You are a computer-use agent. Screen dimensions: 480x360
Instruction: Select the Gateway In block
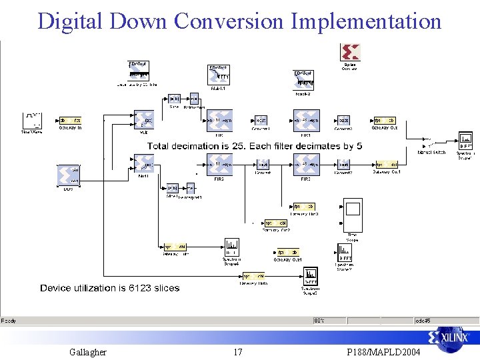(x=70, y=120)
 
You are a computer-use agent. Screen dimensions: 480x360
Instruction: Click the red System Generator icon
(x=349, y=53)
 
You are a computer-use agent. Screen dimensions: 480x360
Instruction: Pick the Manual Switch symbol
(x=431, y=144)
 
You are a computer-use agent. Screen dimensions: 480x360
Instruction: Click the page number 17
(x=238, y=352)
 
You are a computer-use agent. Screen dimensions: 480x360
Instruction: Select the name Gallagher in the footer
(x=87, y=352)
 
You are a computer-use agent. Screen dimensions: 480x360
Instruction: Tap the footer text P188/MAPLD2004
(x=384, y=352)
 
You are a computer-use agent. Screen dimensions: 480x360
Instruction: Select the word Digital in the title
(x=69, y=21)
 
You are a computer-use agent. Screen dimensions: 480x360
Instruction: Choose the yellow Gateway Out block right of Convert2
(x=384, y=121)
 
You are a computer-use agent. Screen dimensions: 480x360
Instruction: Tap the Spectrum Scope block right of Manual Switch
(x=465, y=145)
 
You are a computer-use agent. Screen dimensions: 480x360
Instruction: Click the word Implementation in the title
(x=366, y=21)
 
